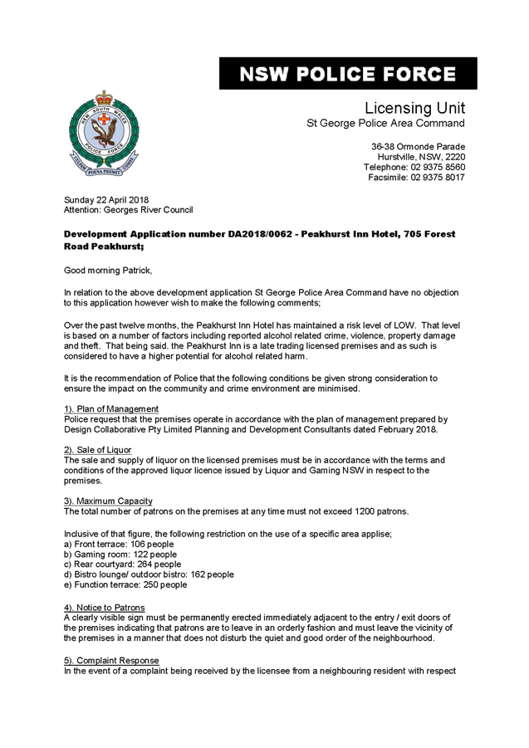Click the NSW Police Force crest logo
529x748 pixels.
[103, 130]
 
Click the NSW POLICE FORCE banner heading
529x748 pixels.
[348, 74]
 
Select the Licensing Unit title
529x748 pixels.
[414, 108]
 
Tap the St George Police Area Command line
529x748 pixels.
[386, 124]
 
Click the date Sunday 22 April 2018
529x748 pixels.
[106, 200]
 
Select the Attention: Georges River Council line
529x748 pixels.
[128, 210]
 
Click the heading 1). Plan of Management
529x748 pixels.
[111, 409]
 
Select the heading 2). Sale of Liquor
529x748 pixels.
[98, 449]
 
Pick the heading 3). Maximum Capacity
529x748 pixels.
[108, 501]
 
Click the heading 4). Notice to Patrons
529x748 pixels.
[105, 608]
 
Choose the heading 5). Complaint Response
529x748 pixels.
[110, 659]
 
